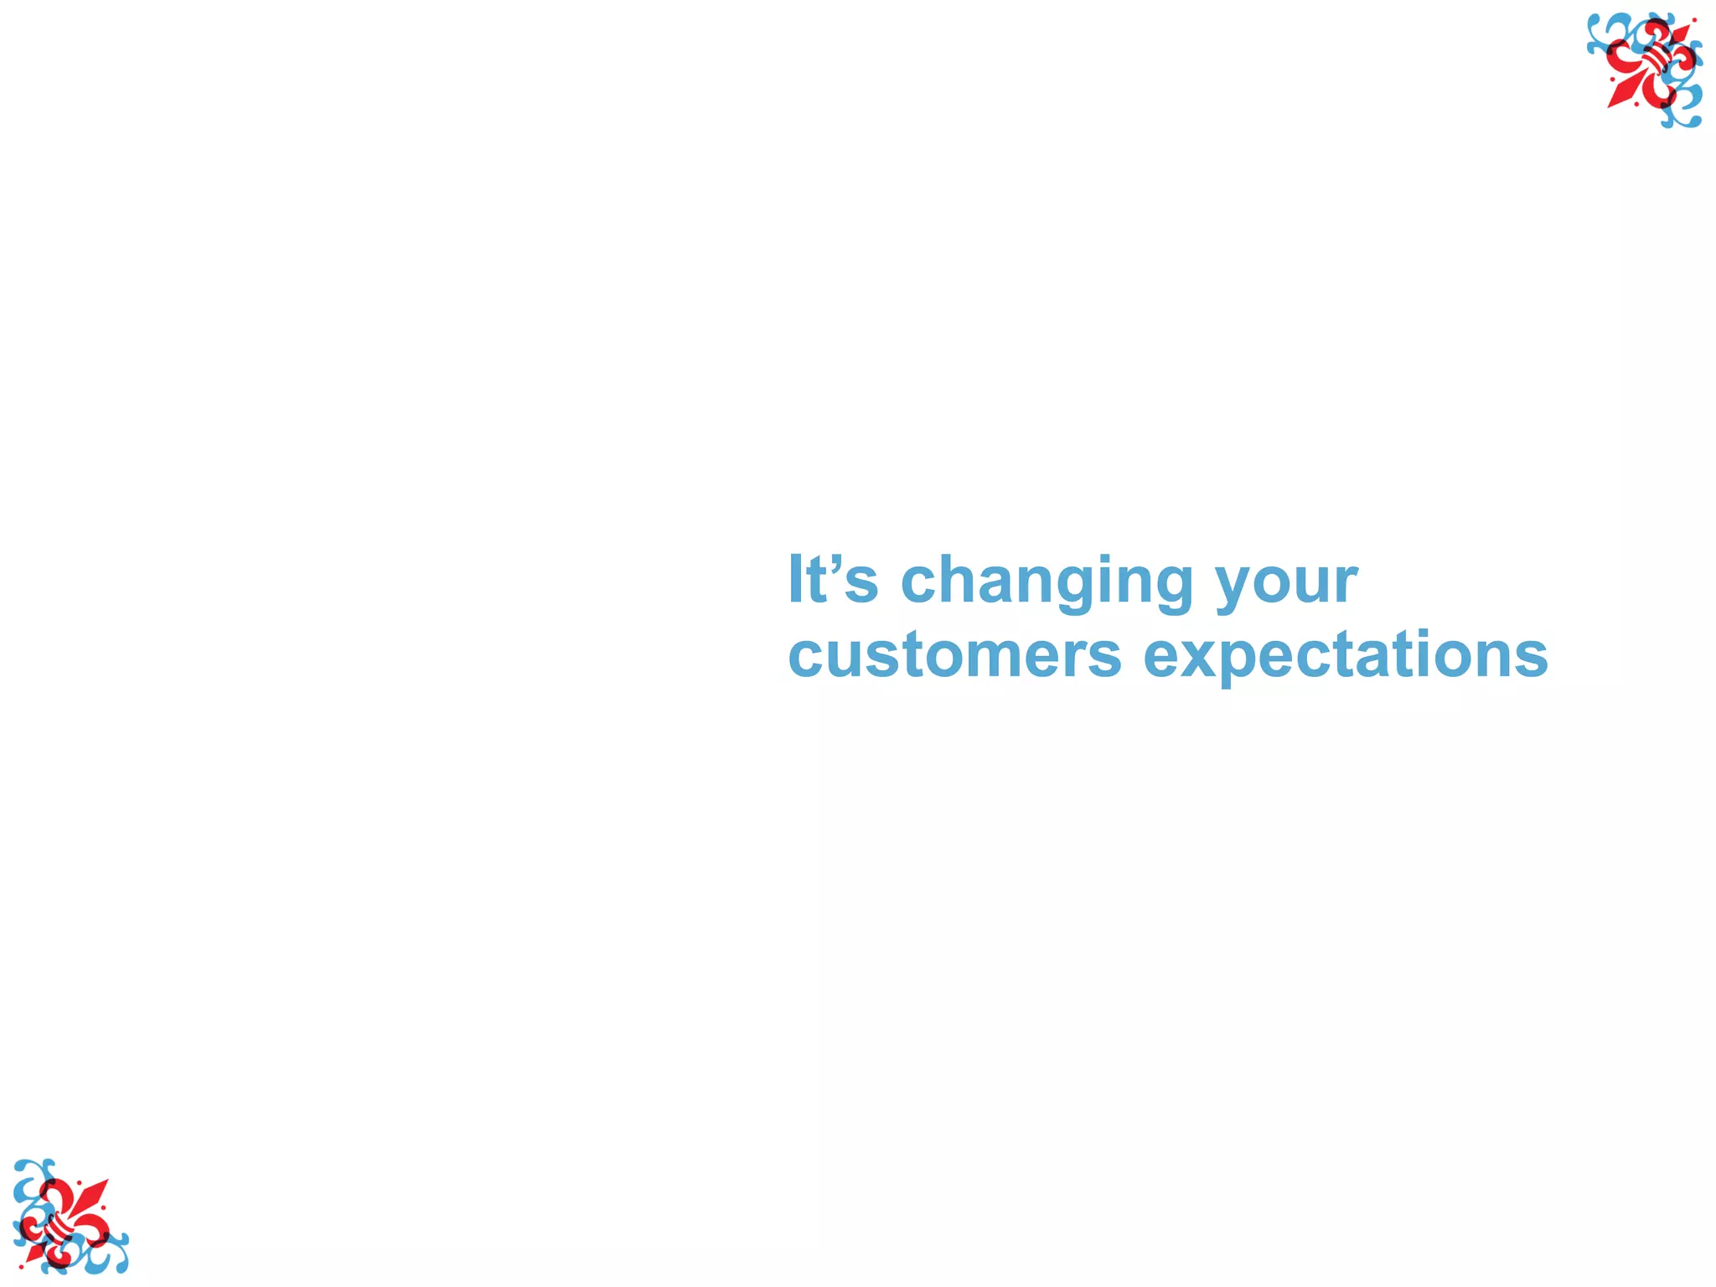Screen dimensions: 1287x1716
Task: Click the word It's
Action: coord(833,580)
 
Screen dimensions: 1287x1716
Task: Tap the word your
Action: coord(1287,583)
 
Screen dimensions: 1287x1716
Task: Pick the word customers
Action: coord(954,655)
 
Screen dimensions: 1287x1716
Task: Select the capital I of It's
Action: coord(796,579)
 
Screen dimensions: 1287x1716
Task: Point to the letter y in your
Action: coord(1239,587)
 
